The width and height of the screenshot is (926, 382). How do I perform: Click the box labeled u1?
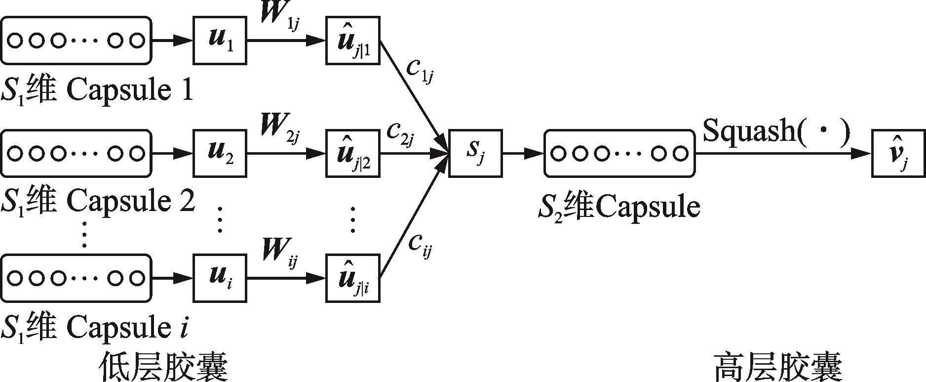[x=219, y=41]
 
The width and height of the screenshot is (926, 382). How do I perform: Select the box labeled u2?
[x=219, y=153]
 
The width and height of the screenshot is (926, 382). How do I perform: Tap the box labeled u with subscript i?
[x=219, y=278]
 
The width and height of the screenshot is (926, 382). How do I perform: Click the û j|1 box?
[x=352, y=41]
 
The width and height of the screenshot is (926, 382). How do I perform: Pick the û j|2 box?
[x=352, y=153]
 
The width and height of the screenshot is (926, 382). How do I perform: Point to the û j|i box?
[x=352, y=278]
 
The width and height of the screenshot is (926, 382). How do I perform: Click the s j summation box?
[x=475, y=153]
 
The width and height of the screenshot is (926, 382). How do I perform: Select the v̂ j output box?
[x=898, y=153]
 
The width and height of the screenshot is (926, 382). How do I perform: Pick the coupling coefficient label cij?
[x=420, y=244]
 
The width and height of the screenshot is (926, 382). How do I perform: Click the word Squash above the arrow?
[x=745, y=131]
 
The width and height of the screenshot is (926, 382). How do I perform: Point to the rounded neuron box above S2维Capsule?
[x=619, y=153]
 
